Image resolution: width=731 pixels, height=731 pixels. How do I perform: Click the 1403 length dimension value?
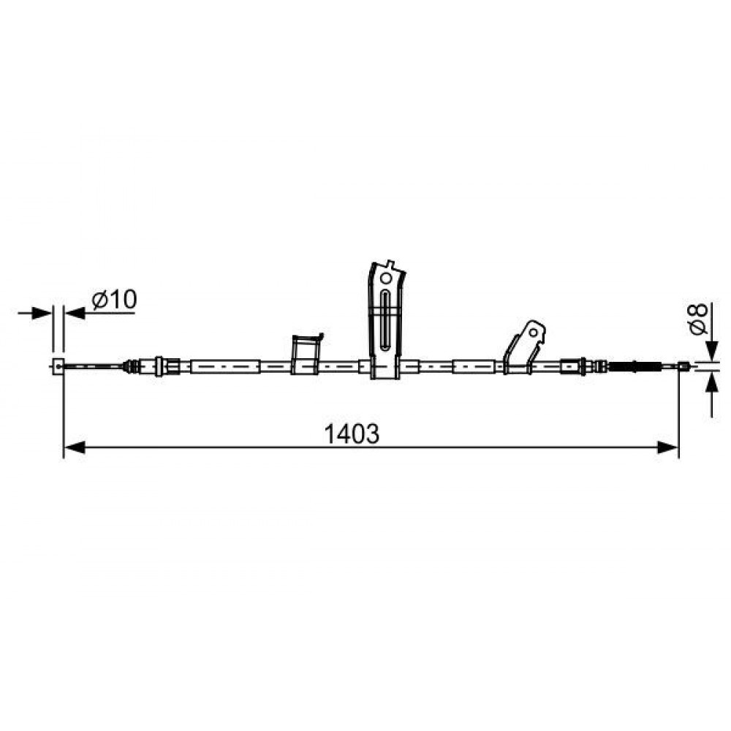click(x=352, y=434)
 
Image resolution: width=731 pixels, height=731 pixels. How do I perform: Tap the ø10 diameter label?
click(x=115, y=299)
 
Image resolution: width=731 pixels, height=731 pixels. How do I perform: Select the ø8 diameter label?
click(x=698, y=319)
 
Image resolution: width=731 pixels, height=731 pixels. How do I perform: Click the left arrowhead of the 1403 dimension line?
click(x=74, y=447)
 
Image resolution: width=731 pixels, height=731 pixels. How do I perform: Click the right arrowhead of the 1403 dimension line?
click(x=667, y=447)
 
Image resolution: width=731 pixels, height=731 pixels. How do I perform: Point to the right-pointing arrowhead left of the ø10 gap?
click(x=42, y=313)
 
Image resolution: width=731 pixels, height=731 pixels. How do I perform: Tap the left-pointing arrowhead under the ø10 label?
click(x=75, y=313)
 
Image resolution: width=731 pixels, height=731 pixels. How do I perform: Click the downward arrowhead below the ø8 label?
click(x=712, y=351)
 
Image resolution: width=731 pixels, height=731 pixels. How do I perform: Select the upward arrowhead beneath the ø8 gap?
click(x=712, y=383)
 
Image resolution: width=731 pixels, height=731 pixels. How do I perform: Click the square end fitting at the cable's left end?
click(x=58, y=366)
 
